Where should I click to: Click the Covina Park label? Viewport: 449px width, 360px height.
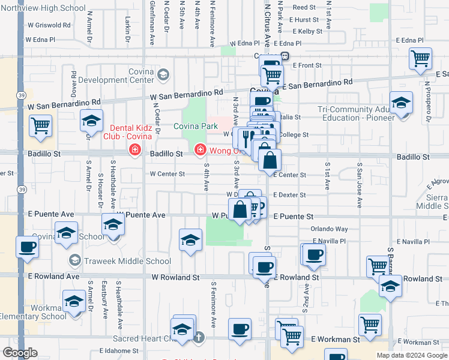pos(195,126)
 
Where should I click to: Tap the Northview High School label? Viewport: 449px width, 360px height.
pos(52,8)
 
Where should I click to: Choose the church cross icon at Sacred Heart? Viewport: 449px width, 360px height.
pos(199,337)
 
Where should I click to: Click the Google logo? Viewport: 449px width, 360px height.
pos(20,353)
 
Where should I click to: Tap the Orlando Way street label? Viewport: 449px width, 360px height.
pos(329,229)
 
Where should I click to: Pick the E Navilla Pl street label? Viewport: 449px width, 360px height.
pos(329,241)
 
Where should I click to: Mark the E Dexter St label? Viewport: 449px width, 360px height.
pos(289,195)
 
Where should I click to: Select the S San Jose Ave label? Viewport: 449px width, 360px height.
pos(359,184)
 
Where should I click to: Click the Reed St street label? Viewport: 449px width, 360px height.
pos(304,8)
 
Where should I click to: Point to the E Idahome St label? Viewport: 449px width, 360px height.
pos(119,351)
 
